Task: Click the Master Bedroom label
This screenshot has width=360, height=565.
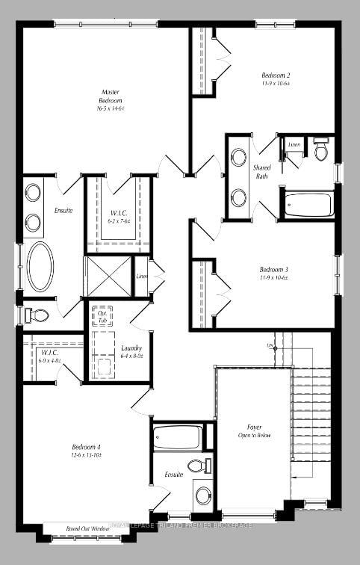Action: click(x=111, y=96)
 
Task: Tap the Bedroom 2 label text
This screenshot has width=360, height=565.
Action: click(x=276, y=75)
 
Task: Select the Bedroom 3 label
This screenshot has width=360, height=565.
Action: click(x=274, y=270)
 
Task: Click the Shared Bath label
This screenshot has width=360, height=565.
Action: click(x=262, y=171)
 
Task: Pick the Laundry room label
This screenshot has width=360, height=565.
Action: click(x=131, y=348)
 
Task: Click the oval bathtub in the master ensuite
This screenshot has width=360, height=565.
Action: click(x=40, y=266)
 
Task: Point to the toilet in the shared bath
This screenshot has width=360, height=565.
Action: click(x=320, y=150)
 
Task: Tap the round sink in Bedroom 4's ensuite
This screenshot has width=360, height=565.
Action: click(x=202, y=495)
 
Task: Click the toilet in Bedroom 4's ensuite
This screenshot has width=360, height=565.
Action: click(x=196, y=466)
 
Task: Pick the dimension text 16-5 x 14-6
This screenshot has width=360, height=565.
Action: click(x=111, y=108)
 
